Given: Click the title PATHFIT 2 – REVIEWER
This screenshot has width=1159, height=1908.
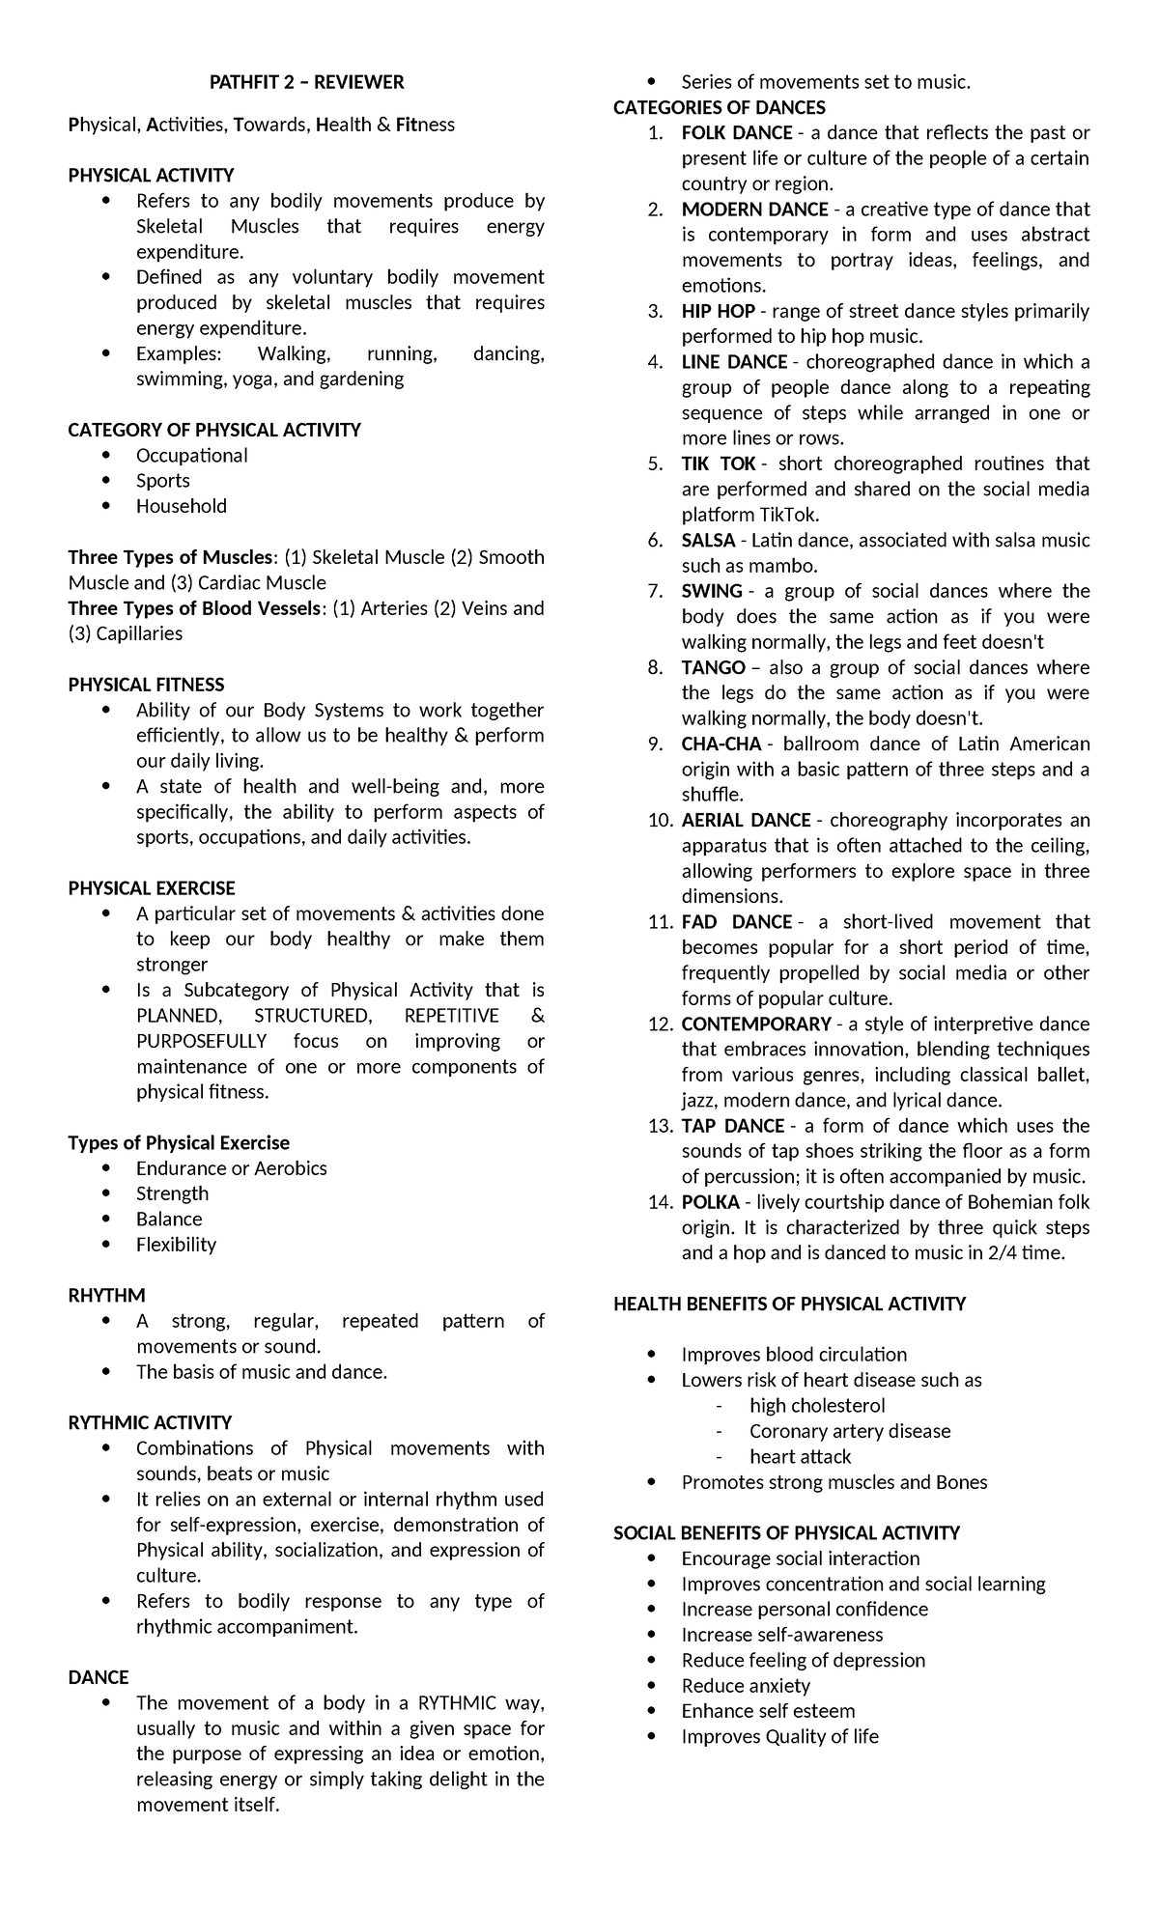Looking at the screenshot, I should pyautogui.click(x=306, y=82).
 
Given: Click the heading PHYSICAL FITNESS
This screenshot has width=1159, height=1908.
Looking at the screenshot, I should pyautogui.click(x=146, y=685).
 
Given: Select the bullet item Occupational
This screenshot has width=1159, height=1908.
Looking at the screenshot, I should pyautogui.click(x=191, y=456).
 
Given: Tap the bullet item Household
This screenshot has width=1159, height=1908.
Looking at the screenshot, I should pyautogui.click(x=182, y=506).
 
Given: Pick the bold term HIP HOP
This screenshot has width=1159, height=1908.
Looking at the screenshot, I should pyautogui.click(x=718, y=311).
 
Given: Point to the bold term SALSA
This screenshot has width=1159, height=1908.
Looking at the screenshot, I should pyautogui.click(x=708, y=541).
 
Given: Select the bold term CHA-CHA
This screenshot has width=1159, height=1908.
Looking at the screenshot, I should pyautogui.click(x=721, y=744).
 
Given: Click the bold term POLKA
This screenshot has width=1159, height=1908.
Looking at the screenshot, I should pyautogui.click(x=710, y=1202).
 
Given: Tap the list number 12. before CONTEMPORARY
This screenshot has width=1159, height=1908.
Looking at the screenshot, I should pyautogui.click(x=660, y=1024).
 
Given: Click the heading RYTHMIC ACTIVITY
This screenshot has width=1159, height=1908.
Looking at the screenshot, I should pyautogui.click(x=150, y=1422).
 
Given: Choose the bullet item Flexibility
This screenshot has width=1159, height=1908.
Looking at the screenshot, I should pyautogui.click(x=176, y=1245).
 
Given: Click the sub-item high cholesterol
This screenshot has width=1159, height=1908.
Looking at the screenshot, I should pyautogui.click(x=817, y=1406).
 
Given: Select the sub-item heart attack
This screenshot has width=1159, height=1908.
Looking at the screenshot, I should pyautogui.click(x=800, y=1457).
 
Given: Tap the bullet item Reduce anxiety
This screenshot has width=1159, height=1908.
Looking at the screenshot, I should pyautogui.click(x=746, y=1686).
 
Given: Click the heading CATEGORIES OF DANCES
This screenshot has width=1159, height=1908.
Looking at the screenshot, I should pyautogui.click(x=719, y=107).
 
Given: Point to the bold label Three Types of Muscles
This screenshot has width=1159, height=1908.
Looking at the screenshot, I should pyautogui.click(x=170, y=557).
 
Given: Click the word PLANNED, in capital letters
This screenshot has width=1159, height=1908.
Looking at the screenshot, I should pyautogui.click(x=178, y=1016).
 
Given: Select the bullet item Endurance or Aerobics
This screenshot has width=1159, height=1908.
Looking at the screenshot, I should pyautogui.click(x=231, y=1168).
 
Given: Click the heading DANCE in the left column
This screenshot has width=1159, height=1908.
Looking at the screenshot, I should pyautogui.click(x=99, y=1677).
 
